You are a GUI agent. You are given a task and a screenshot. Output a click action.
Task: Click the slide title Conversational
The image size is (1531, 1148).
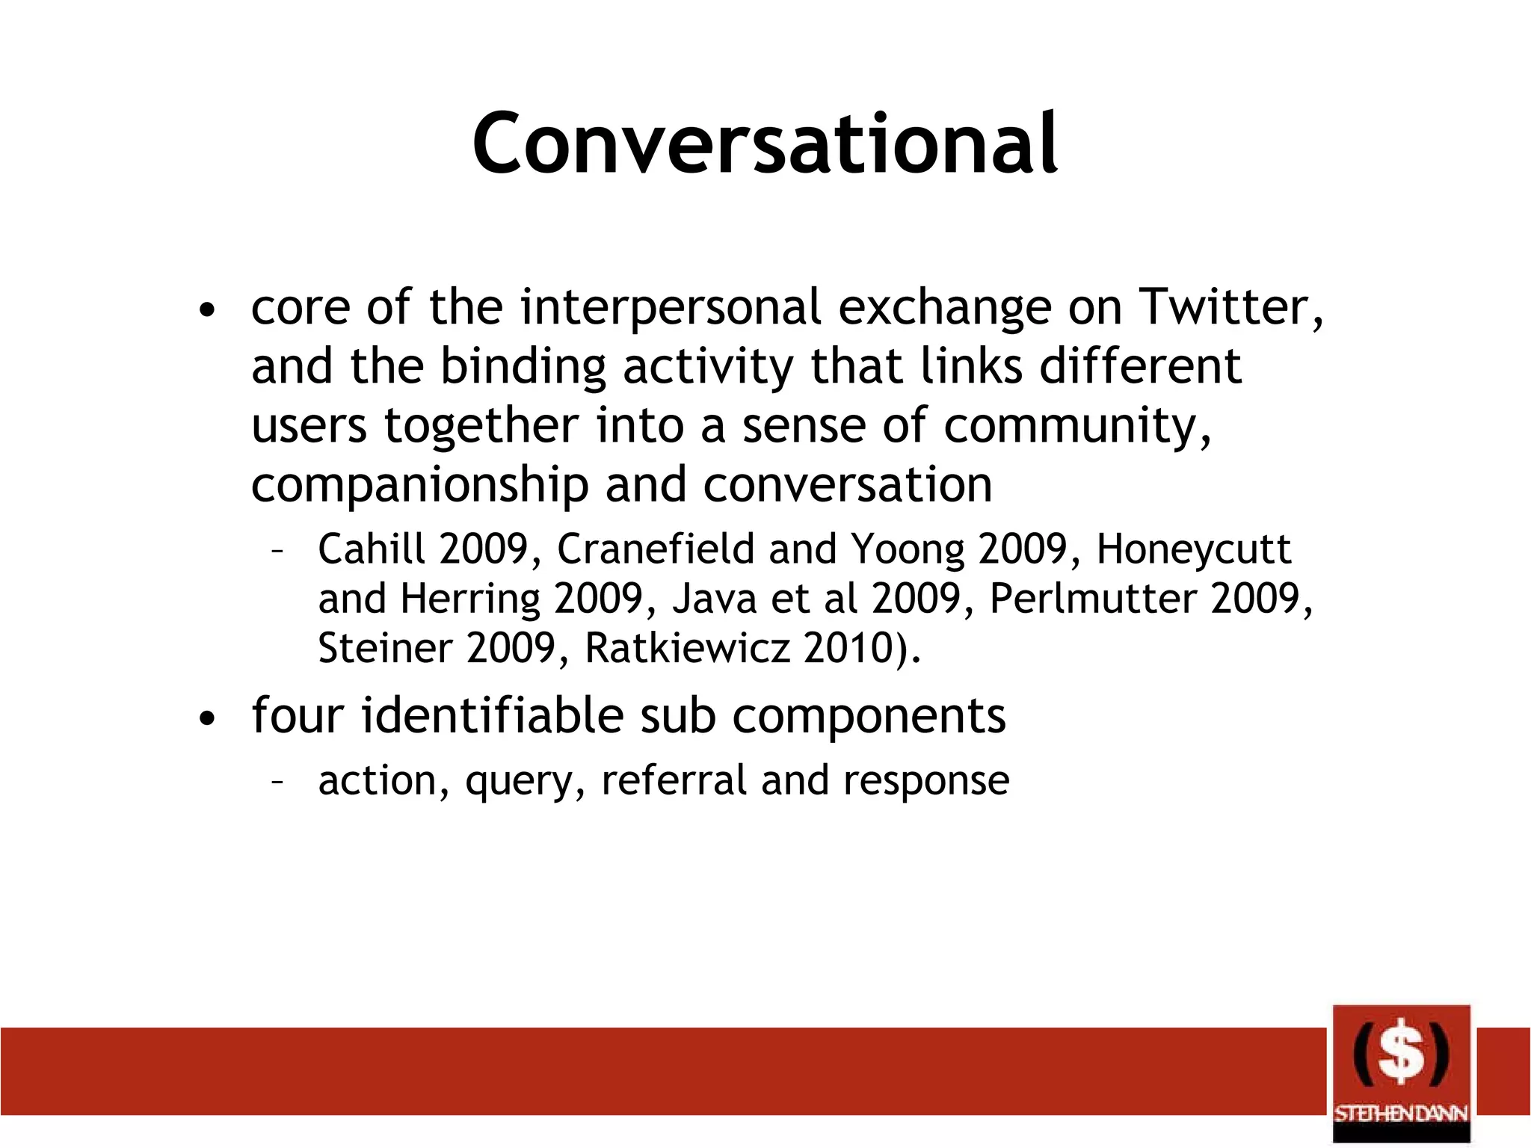click(x=764, y=143)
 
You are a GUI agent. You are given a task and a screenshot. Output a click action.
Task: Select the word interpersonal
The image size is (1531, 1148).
click(x=671, y=307)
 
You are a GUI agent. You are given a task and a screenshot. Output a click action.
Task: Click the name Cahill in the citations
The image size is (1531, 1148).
click(x=372, y=549)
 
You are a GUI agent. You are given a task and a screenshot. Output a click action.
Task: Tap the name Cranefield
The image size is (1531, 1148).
click(x=656, y=549)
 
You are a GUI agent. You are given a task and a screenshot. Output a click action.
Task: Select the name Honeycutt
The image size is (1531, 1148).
click(x=1193, y=550)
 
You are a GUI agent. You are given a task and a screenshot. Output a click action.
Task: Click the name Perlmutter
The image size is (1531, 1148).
click(x=1093, y=598)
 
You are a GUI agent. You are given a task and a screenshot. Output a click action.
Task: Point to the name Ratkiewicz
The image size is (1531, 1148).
click(x=686, y=647)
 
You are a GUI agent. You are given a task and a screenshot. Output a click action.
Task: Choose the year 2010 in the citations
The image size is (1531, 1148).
click(x=849, y=647)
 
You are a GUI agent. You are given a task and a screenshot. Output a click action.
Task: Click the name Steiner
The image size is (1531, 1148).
click(x=384, y=647)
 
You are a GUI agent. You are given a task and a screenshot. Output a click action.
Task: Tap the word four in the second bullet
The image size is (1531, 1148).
click(x=297, y=715)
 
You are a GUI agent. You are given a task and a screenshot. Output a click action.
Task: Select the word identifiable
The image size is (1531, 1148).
click(x=492, y=715)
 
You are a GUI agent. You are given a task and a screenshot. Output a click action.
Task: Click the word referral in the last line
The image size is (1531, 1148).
click(x=674, y=780)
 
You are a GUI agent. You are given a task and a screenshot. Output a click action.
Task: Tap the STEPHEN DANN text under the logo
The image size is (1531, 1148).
click(x=1401, y=1114)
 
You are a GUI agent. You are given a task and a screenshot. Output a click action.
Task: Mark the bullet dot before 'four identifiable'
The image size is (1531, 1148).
click(x=207, y=719)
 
